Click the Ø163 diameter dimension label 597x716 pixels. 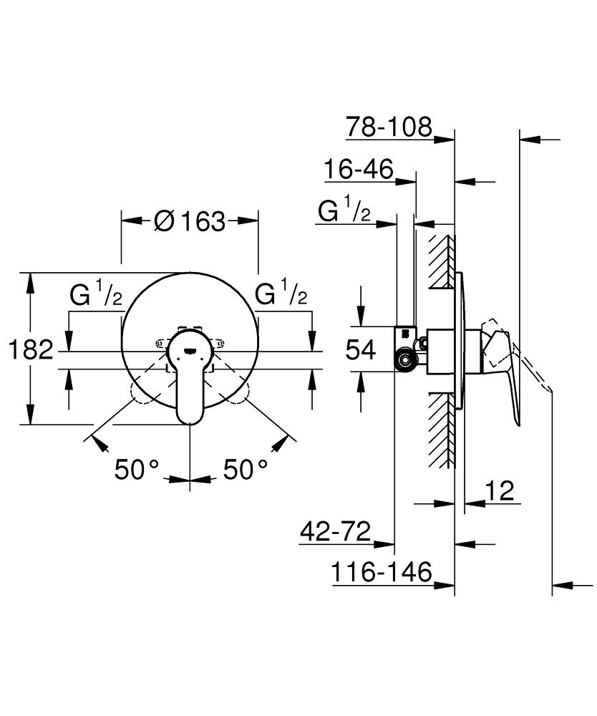click(x=189, y=221)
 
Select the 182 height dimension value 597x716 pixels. click(x=31, y=350)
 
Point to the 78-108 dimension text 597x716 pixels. click(x=389, y=127)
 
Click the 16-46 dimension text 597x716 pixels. click(x=359, y=170)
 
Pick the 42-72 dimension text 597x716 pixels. click(x=335, y=531)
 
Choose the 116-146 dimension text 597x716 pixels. click(x=382, y=572)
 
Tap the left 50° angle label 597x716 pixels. click(x=137, y=470)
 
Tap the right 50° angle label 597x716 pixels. click(x=246, y=470)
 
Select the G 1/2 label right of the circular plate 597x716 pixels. click(x=282, y=294)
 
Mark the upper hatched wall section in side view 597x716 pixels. click(x=442, y=261)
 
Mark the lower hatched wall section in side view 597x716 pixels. click(x=442, y=430)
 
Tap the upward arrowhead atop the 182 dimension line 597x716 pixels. click(x=30, y=281)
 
